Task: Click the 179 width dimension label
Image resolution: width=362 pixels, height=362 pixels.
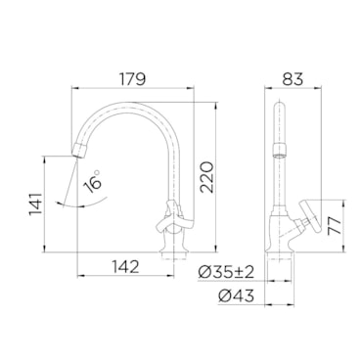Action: click(x=132, y=78)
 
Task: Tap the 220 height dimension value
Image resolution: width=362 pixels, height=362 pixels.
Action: click(x=206, y=177)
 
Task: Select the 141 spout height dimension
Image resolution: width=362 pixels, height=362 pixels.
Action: click(x=36, y=204)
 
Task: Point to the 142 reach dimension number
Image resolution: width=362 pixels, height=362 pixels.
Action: click(x=126, y=267)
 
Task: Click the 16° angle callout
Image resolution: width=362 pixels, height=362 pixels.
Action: click(x=93, y=182)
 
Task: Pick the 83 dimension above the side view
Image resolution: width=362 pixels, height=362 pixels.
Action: click(x=293, y=78)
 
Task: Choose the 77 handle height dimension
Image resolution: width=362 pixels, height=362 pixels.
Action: click(x=335, y=226)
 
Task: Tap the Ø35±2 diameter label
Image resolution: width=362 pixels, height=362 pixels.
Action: click(x=226, y=272)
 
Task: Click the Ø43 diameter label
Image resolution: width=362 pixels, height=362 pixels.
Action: click(x=236, y=296)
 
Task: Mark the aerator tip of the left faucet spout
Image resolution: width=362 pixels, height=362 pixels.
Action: click(x=79, y=151)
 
